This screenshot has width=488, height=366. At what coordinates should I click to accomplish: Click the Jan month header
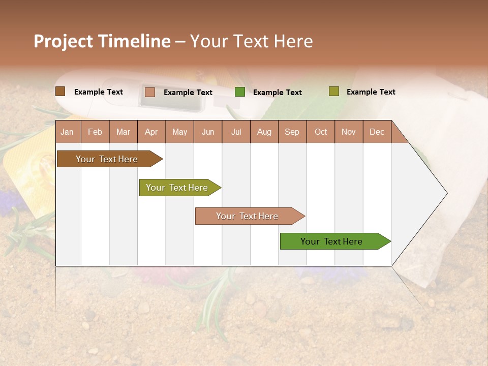point(68,132)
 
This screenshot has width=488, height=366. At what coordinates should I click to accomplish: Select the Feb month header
point(95,132)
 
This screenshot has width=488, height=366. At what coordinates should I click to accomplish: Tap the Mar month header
point(123,132)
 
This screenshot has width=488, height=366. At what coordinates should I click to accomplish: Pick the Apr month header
point(151,132)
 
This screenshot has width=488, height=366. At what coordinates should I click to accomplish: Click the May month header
point(179,132)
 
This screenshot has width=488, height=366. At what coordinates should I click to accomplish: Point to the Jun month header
point(208,132)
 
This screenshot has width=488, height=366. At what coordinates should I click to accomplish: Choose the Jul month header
point(236,132)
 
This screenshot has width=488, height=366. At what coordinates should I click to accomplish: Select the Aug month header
point(264,132)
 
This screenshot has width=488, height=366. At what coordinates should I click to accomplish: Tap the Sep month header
point(292,132)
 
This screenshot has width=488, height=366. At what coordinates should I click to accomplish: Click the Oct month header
point(321,132)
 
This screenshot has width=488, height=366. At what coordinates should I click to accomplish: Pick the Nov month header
point(349,132)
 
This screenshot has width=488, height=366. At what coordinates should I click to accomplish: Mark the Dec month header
point(377,132)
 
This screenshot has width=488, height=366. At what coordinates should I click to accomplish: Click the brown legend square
point(60,91)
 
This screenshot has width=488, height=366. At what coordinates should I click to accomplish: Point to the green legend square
point(240,92)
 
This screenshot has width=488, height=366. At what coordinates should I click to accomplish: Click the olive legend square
point(333,91)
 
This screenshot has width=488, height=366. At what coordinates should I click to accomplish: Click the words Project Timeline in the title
point(102,41)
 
